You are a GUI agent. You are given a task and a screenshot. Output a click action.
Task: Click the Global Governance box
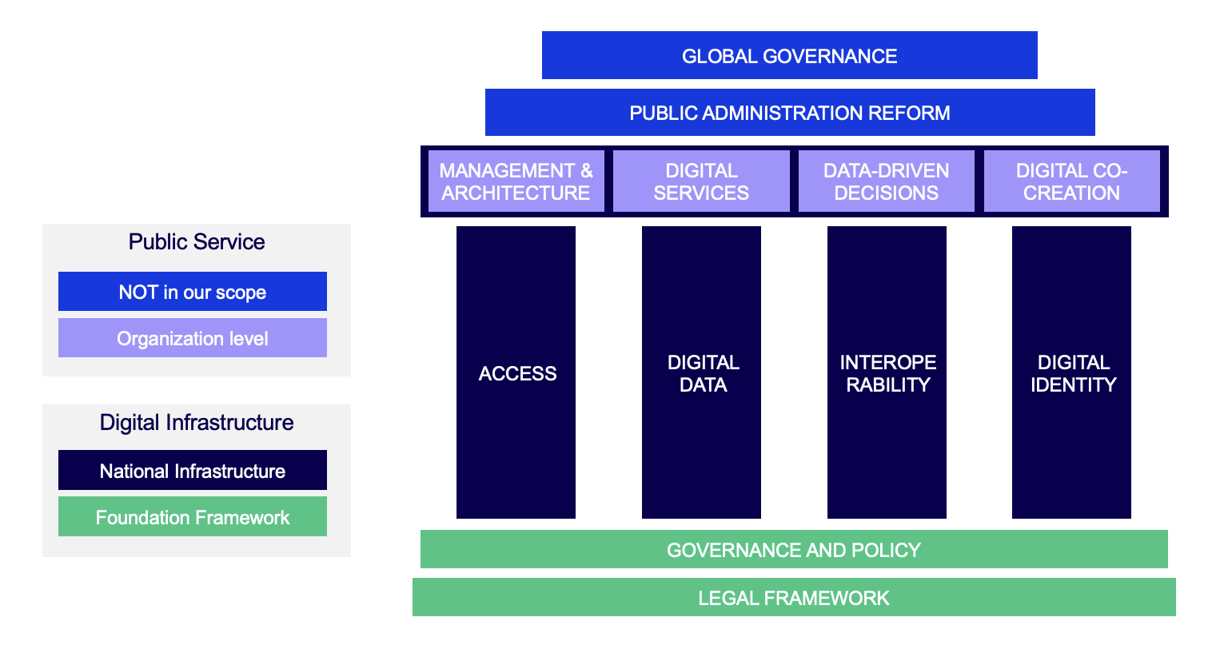789,56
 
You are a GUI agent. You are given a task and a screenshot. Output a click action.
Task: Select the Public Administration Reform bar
789,113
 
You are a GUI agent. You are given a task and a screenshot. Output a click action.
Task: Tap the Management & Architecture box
516,181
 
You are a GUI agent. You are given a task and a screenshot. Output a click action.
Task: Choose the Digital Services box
701,181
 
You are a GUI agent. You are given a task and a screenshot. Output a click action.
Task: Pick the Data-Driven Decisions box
886,181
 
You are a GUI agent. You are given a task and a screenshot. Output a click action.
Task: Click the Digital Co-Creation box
1071,181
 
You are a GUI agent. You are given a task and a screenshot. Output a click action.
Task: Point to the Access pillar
516,372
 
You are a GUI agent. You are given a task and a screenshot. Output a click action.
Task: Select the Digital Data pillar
702,372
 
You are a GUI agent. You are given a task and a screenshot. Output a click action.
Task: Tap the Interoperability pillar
887,372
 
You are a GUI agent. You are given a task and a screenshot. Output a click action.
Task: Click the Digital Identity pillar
1072,372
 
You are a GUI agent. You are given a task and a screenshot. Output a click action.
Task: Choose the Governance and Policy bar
794,550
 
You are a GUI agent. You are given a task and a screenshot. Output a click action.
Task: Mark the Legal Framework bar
794,598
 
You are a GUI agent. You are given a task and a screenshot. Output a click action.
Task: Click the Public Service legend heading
197,242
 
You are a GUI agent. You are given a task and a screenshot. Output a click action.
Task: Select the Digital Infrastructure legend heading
197,423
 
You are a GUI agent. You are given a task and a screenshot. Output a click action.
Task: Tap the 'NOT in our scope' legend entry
193,292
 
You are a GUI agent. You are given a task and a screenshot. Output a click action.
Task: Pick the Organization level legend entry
193,338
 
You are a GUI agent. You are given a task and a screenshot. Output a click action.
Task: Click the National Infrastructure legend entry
193,471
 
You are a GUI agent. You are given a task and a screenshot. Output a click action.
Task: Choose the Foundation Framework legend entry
193,517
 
